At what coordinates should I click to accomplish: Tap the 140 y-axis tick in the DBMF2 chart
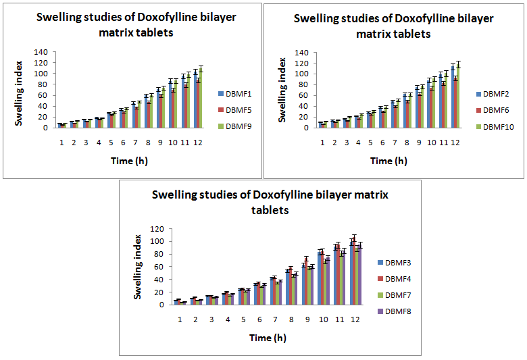click(301, 53)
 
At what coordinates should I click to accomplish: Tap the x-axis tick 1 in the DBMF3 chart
click(180, 318)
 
